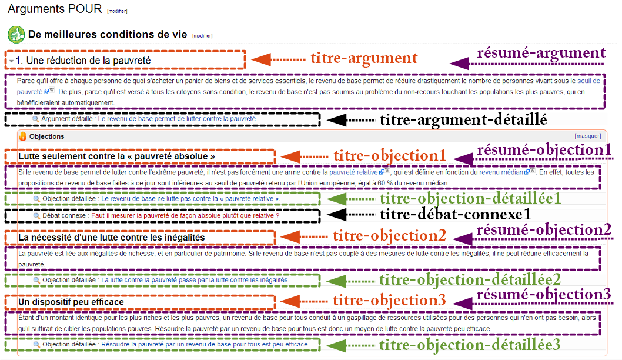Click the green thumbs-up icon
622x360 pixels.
point(16,35)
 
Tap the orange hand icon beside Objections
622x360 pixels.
point(22,136)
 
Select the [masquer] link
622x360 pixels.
point(587,136)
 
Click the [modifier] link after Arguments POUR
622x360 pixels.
point(117,11)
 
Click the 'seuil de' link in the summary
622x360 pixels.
point(588,81)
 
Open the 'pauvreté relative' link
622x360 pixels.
point(353,172)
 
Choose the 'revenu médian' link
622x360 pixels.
point(501,172)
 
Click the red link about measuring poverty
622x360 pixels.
point(185,215)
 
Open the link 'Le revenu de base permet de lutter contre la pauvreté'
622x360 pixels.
point(178,119)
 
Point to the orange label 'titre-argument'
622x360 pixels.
point(364,58)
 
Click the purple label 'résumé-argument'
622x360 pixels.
point(541,53)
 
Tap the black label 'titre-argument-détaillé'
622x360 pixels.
point(463,119)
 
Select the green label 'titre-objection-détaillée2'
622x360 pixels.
point(470,279)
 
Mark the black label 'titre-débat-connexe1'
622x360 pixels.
point(456,214)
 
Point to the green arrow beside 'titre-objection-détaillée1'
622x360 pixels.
point(349,198)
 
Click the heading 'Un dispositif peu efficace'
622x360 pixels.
point(71,302)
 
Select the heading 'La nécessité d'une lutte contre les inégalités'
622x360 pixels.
point(112,238)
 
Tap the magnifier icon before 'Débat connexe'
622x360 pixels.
point(36,215)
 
